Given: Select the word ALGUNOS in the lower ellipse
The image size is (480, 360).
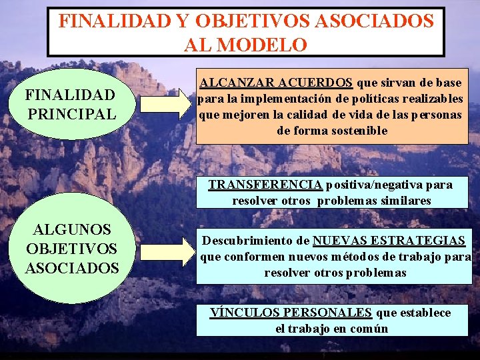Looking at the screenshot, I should [72, 229].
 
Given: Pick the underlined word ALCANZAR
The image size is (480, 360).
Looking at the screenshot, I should [234, 83].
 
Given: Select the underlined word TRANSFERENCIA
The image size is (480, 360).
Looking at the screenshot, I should [265, 185].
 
